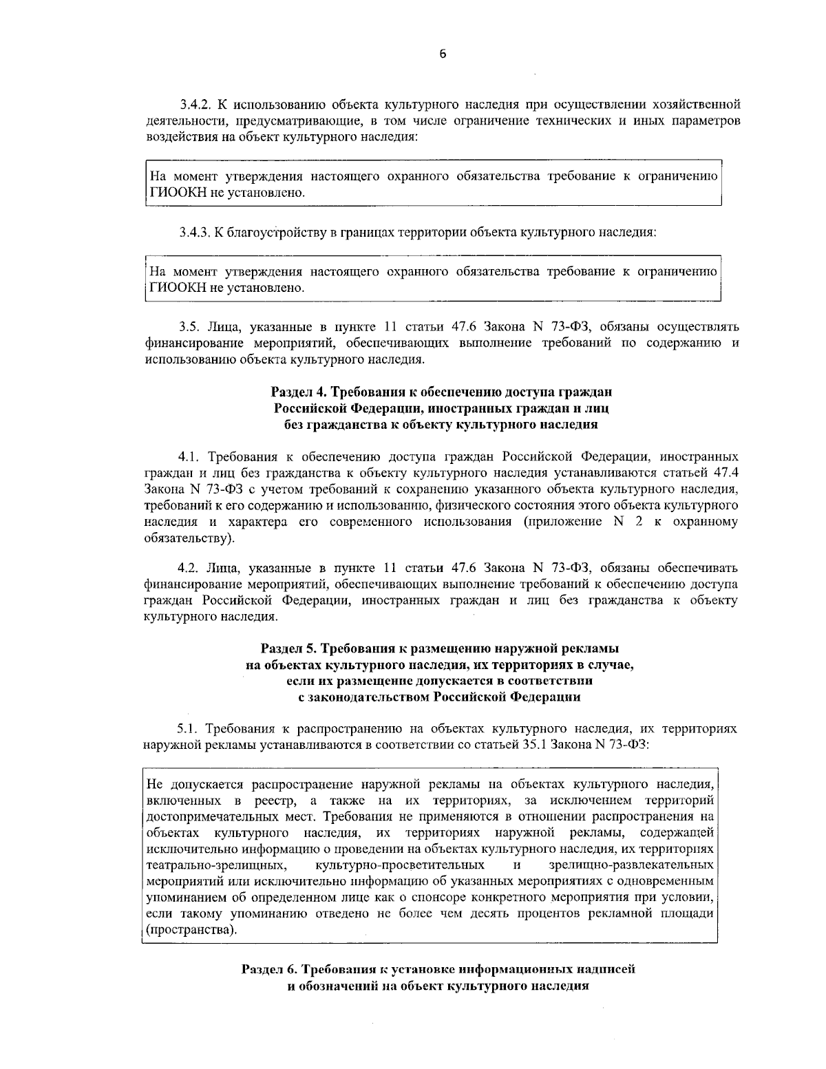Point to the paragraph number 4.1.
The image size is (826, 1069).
(x=189, y=456)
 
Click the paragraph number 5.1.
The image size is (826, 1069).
(x=189, y=728)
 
